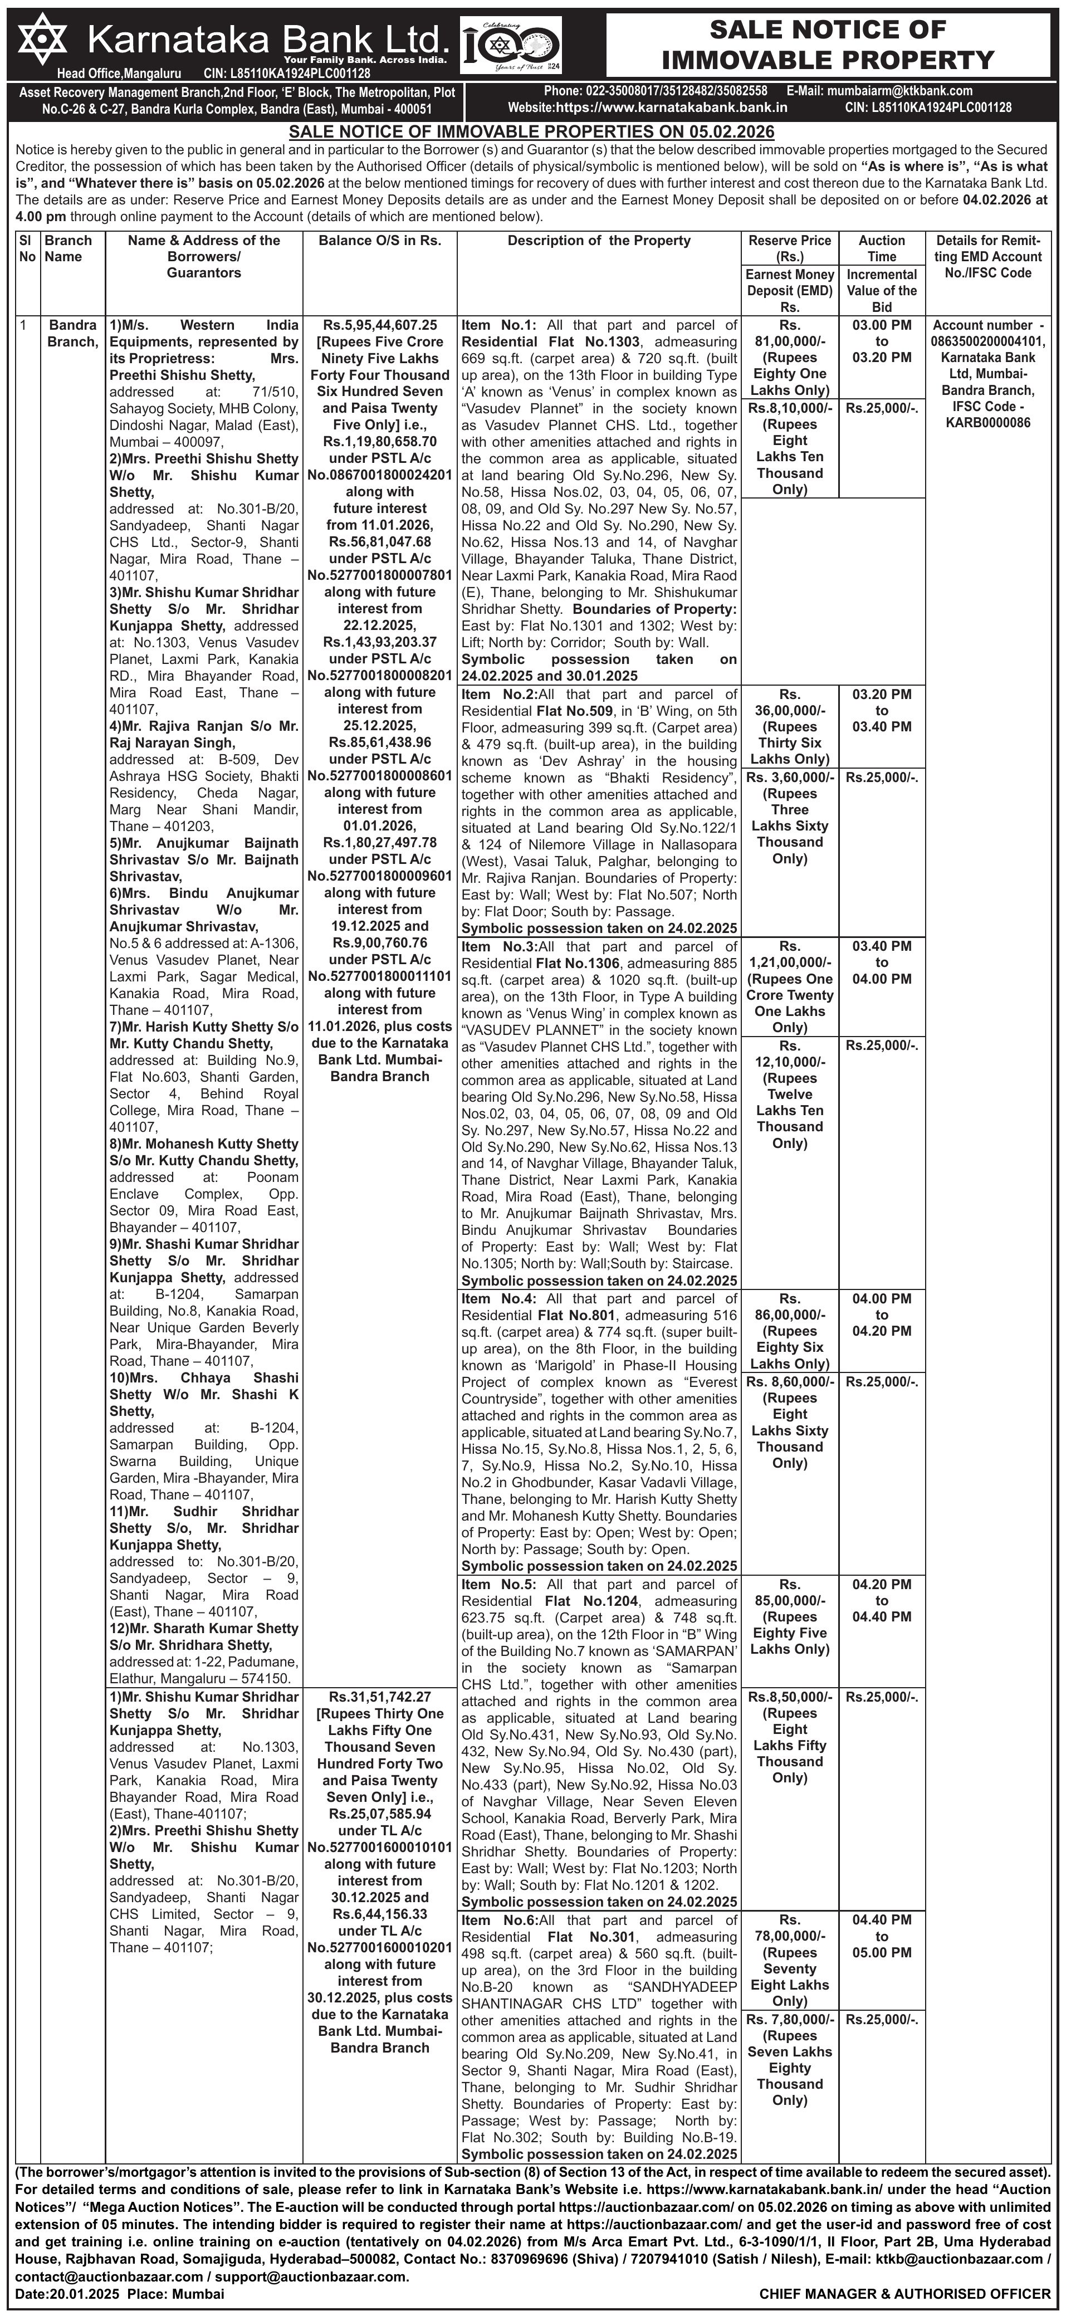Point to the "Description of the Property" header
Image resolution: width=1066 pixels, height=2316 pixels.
tap(599, 241)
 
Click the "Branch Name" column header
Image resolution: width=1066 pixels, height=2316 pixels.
tap(69, 249)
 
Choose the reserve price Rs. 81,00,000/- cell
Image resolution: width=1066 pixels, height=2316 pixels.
tap(789, 358)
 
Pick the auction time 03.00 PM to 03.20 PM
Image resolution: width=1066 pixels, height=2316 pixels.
tap(881, 341)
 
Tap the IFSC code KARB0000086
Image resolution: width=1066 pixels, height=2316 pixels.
tap(988, 423)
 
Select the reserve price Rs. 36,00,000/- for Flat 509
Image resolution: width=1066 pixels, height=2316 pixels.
tap(789, 726)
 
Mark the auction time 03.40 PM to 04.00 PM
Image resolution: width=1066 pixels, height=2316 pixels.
tap(881, 963)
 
